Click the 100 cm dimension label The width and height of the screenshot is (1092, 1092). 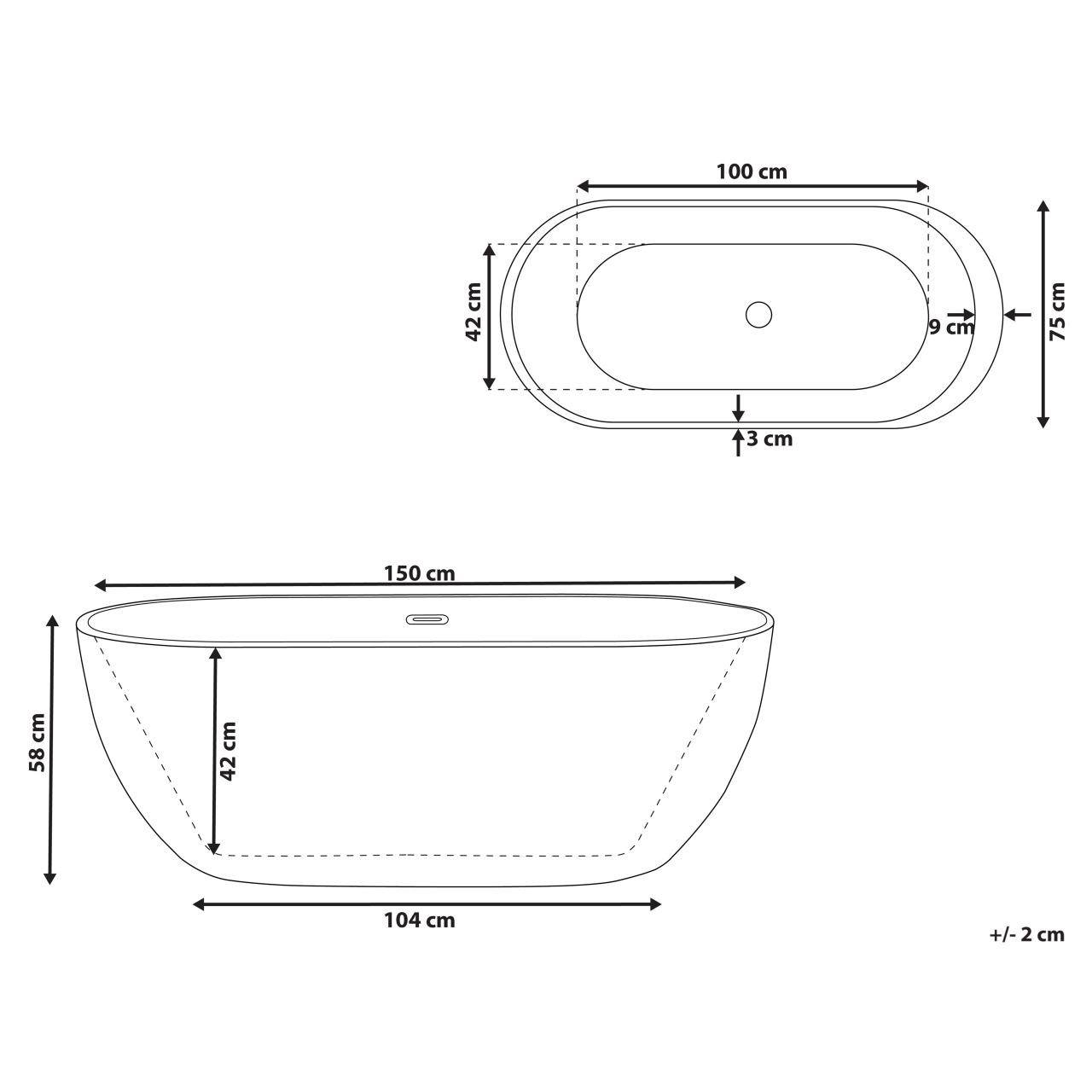(x=751, y=171)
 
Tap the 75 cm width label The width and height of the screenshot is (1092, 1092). (x=1057, y=312)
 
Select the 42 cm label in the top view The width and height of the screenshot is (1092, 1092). (x=473, y=312)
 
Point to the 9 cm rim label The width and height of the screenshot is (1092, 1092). (x=950, y=327)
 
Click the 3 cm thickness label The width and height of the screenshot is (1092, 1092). (x=770, y=439)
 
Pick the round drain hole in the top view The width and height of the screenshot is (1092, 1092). (x=758, y=314)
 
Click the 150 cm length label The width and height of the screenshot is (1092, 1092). (x=419, y=573)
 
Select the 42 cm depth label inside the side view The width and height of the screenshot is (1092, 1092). (x=228, y=751)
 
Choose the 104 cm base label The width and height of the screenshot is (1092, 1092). (x=419, y=921)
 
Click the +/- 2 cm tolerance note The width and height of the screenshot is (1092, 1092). (x=1026, y=934)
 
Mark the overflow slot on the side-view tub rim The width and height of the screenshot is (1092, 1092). (x=427, y=619)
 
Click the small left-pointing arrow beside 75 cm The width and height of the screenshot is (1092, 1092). (x=1016, y=314)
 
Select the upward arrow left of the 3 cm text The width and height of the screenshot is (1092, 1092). (x=738, y=442)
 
